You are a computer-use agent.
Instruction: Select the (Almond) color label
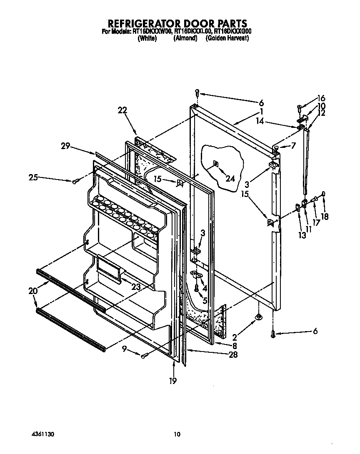point(185,38)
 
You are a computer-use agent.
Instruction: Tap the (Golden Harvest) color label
point(227,38)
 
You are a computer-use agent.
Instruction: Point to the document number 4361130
point(43,434)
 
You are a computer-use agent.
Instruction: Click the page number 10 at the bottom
point(177,434)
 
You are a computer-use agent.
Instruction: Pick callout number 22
point(122,110)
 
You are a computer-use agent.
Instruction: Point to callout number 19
point(173,380)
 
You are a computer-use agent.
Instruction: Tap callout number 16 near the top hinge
point(321,99)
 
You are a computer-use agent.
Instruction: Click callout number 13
point(302,235)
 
